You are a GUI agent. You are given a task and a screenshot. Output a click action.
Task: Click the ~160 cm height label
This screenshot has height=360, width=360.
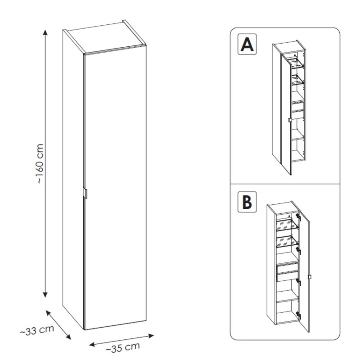click(x=40, y=163)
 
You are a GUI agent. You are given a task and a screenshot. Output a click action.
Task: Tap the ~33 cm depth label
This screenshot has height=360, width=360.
click(x=37, y=330)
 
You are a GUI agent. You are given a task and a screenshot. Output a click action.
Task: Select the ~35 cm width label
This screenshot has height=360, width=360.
click(x=123, y=347)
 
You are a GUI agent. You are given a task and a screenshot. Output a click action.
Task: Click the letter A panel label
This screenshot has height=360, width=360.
click(x=247, y=44)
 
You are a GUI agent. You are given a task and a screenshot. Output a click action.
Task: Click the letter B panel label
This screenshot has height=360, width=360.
click(x=247, y=202)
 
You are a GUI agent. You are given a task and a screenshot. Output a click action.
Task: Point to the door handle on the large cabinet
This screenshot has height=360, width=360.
click(x=85, y=193)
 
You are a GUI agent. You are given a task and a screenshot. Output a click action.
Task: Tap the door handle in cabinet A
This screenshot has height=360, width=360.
click(x=290, y=120)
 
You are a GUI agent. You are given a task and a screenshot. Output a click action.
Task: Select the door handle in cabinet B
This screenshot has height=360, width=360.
click(x=309, y=277)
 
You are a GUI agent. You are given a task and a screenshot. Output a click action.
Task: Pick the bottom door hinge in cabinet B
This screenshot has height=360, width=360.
click(x=298, y=315)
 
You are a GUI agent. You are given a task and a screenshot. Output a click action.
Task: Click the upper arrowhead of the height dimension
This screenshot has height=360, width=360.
click(x=45, y=32)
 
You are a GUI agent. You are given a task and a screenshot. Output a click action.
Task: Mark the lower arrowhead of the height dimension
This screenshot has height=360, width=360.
click(x=45, y=295)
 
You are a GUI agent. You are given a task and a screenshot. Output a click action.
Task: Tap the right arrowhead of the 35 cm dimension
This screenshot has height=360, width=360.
click(x=151, y=336)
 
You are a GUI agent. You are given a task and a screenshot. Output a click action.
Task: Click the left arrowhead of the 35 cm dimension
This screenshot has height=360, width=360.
click(x=92, y=344)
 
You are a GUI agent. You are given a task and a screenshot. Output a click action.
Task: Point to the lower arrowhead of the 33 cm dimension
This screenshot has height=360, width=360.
click(x=68, y=337)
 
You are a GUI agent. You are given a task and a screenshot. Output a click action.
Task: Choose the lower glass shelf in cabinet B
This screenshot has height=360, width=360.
click(x=287, y=242)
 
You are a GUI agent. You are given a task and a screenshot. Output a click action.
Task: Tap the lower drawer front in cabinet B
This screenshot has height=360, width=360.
click(x=288, y=276)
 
